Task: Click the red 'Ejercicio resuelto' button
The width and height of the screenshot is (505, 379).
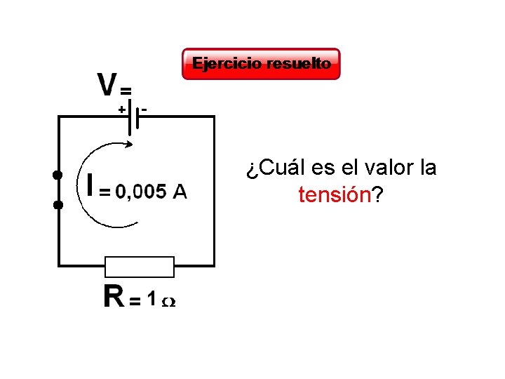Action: [x=261, y=64]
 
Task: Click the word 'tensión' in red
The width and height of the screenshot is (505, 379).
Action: [x=334, y=194]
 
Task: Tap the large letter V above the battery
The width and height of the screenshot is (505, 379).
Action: [x=107, y=85]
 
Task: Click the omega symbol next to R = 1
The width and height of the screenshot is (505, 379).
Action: [x=169, y=302]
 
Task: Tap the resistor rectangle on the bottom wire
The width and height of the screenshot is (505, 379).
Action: [x=139, y=267]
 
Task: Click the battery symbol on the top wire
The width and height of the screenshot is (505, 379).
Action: [x=133, y=118]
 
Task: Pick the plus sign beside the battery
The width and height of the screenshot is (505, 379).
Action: [x=121, y=109]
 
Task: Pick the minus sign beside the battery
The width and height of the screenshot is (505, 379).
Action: [x=144, y=109]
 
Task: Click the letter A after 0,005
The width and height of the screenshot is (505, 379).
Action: [x=180, y=191]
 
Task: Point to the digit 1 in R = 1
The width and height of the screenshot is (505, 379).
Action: [x=151, y=298]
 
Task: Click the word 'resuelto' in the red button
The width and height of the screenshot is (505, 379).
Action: [x=303, y=64]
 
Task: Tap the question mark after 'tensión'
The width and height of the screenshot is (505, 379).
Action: [x=377, y=194]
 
